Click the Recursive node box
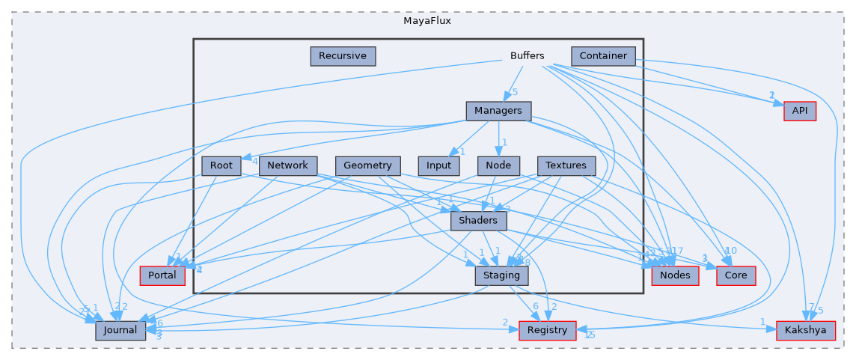pos(342,55)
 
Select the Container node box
pos(603,55)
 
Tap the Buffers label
pos(527,56)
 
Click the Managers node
pos(498,111)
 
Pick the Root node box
pos(221,165)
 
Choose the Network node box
pos(288,165)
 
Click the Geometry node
pos(368,165)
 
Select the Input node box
pos(438,165)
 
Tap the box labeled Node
pos(498,165)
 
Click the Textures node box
pos(566,165)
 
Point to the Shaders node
pos(478,221)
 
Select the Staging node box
pos(502,275)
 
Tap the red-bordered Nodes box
pos(676,275)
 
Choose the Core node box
pos(736,275)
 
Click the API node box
pos(799,111)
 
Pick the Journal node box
pos(120,330)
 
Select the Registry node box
pos(548,330)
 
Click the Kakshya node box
pos(805,330)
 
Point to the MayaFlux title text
pos(427,20)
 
